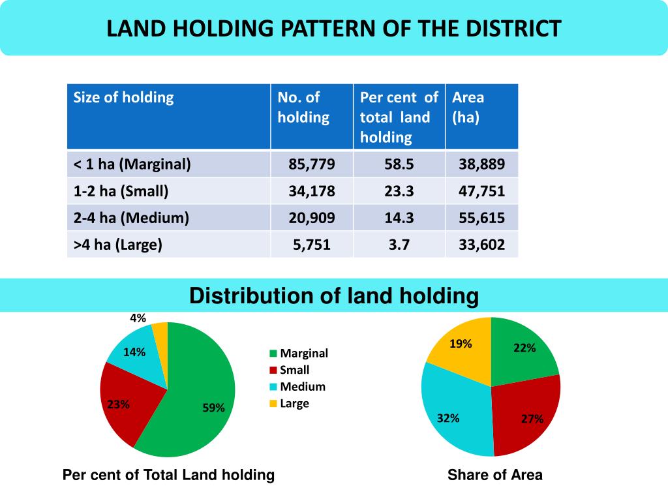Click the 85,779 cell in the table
[x=312, y=164]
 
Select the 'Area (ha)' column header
[x=468, y=108]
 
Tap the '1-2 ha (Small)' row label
[x=121, y=191]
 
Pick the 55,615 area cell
[x=481, y=218]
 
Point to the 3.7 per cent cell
[x=399, y=245]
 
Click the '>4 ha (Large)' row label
[x=117, y=245]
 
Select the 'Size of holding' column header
[x=123, y=98]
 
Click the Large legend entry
[x=294, y=404]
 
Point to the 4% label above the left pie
[x=138, y=318]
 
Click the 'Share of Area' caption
[x=495, y=475]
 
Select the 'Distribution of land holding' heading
[x=334, y=296]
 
